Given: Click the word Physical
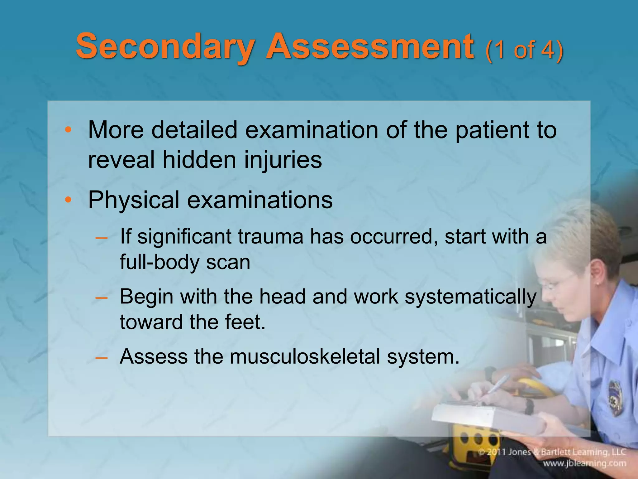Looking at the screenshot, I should point(134,201).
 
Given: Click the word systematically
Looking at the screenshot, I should point(470,297).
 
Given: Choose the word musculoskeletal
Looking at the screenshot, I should point(305,356).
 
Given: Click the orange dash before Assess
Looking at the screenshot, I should point(102,357).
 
